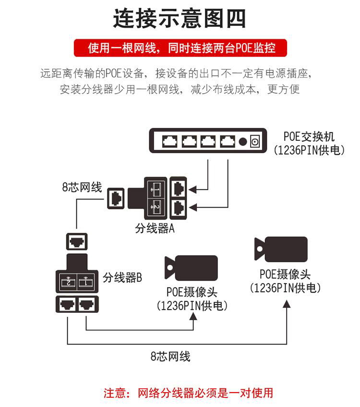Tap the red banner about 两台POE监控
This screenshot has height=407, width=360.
click(x=180, y=48)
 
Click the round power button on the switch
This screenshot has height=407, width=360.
click(x=243, y=141)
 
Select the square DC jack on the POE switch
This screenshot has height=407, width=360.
click(x=255, y=141)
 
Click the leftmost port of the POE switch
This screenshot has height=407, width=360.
click(x=170, y=141)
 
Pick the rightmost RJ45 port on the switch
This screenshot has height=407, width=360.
click(x=227, y=141)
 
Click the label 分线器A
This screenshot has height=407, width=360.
click(x=154, y=229)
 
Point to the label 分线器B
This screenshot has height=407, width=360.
click(x=122, y=277)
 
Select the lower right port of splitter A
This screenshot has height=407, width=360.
click(x=178, y=207)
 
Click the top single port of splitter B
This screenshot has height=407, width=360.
click(x=77, y=241)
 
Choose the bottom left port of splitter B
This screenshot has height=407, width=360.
click(x=67, y=304)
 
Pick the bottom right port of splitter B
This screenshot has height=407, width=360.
click(x=87, y=304)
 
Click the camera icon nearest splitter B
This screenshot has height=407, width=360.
click(x=191, y=268)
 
